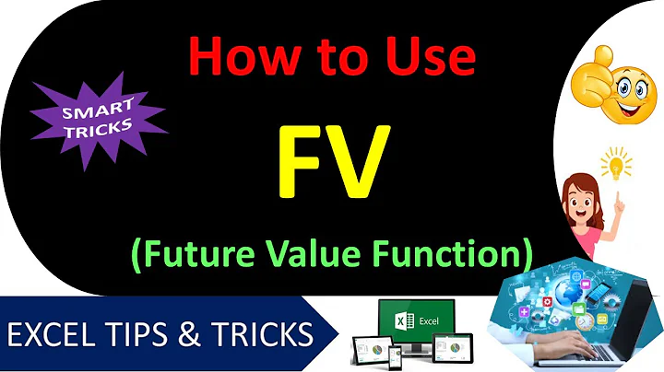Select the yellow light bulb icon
click(x=614, y=166)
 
